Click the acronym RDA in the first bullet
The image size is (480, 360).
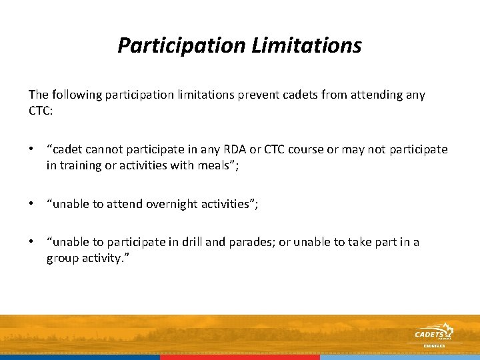click(231, 149)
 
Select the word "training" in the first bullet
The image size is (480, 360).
click(80, 165)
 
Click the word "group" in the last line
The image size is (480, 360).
click(62, 257)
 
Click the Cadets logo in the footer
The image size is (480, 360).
click(433, 334)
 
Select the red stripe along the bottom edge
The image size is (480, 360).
click(240, 357)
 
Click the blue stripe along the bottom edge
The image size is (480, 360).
click(80, 357)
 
